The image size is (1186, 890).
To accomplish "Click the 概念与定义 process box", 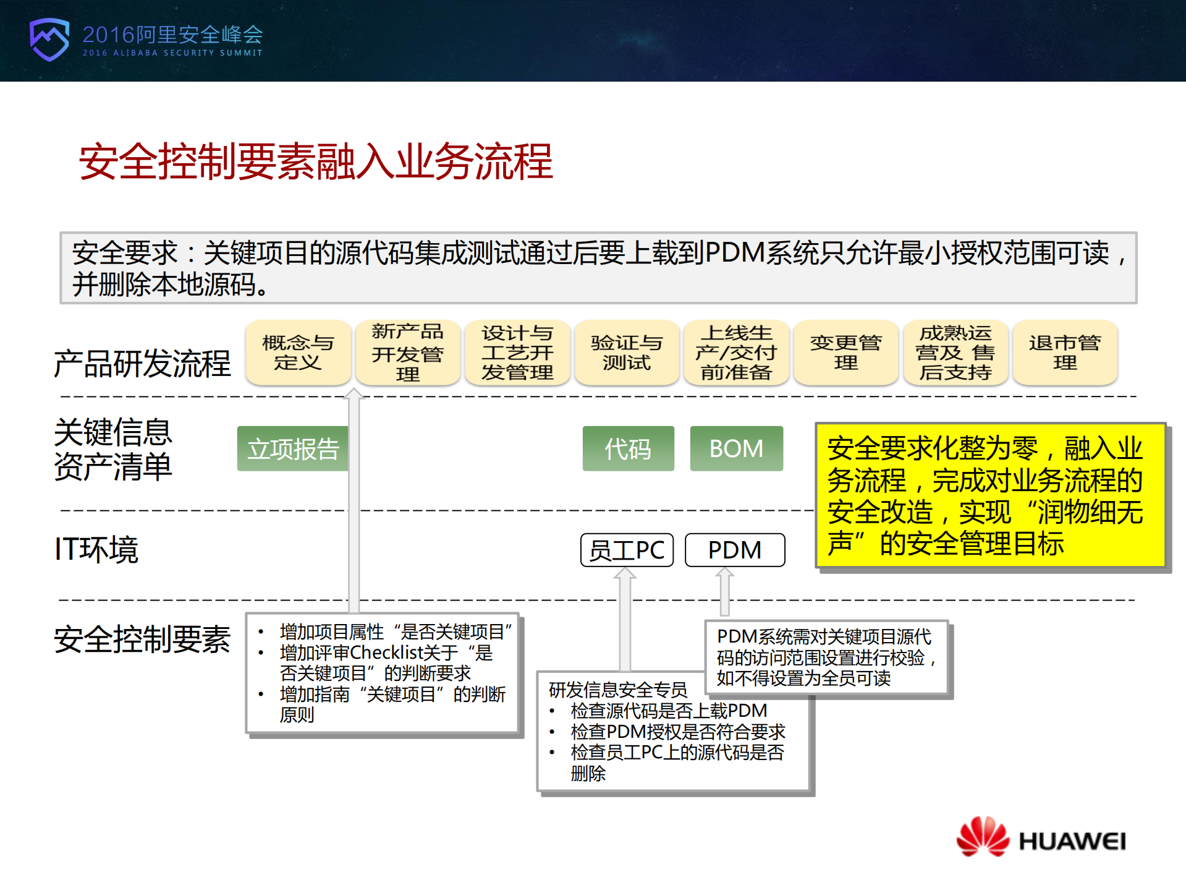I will [298, 353].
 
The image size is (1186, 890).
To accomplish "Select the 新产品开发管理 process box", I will [407, 353].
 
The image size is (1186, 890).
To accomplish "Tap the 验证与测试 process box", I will [626, 353].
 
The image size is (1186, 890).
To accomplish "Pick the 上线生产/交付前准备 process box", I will [736, 353].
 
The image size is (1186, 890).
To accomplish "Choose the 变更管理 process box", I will [845, 353].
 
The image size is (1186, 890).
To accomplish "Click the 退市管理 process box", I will [1064, 353].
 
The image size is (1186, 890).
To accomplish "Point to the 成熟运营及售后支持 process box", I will [955, 353].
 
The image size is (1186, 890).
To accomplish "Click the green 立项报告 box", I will [293, 449].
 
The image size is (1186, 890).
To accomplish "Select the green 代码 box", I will [628, 449].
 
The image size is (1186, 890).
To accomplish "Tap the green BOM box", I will [736, 449].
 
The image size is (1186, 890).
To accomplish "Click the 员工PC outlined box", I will [627, 550].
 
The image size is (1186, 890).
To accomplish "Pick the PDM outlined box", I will [735, 550].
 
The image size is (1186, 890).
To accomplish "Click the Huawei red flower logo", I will [982, 836].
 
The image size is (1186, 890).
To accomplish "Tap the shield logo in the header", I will [49, 39].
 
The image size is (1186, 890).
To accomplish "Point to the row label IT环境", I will [96, 549].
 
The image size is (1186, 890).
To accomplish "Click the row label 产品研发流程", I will [142, 363].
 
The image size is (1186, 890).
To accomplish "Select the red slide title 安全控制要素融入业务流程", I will [316, 162].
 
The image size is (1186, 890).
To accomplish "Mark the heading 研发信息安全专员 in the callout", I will [617, 690].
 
